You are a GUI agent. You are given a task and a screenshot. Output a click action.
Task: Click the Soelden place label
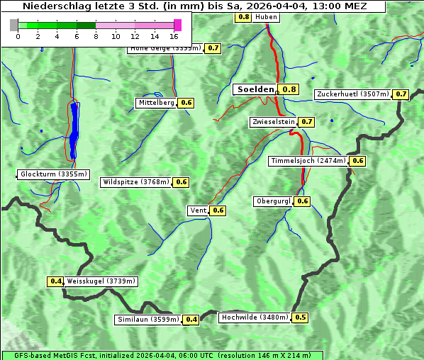[255, 89]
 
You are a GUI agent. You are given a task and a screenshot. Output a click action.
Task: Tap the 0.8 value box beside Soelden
[289, 89]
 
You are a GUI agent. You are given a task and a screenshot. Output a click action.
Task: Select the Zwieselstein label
[273, 122]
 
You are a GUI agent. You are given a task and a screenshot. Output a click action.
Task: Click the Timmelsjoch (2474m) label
[308, 161]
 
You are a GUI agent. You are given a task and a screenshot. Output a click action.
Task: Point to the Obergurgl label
[273, 201]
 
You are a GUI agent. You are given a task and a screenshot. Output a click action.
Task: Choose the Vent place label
[198, 210]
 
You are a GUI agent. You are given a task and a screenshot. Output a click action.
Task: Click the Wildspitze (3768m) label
[136, 182]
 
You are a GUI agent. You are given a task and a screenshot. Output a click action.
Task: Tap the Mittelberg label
[156, 103]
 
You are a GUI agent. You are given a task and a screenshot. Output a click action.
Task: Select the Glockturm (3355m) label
[54, 174]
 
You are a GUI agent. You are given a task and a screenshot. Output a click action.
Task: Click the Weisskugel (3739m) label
[101, 281]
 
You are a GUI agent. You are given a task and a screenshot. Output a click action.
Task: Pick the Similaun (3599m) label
[148, 320]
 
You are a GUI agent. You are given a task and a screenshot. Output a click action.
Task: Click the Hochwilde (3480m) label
[255, 317]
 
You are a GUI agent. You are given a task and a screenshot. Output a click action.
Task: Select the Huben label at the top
[266, 16]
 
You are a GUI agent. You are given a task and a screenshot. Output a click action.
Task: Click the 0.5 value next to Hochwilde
[301, 317]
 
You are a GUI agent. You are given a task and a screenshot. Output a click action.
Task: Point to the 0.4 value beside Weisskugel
[55, 281]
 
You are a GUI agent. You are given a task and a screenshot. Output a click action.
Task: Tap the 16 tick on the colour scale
[174, 35]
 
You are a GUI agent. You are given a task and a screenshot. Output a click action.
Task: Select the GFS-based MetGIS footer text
[162, 355]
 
